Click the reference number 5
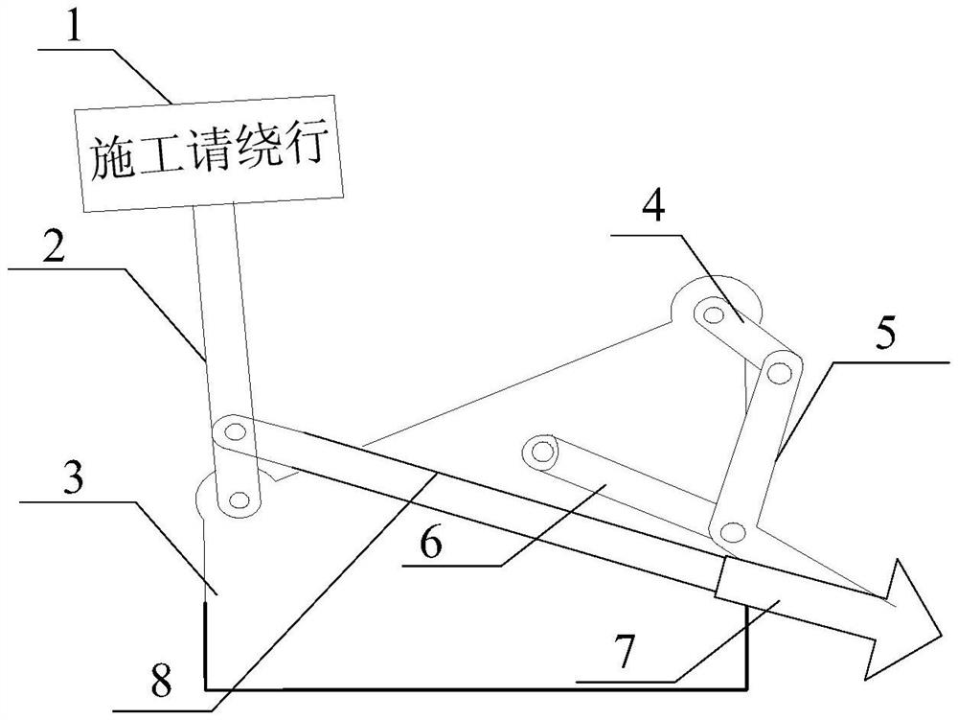(884, 336)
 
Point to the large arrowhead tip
(940, 632)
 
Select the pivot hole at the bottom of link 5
(733, 530)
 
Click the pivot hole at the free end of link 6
(543, 449)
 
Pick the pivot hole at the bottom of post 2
(237, 499)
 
